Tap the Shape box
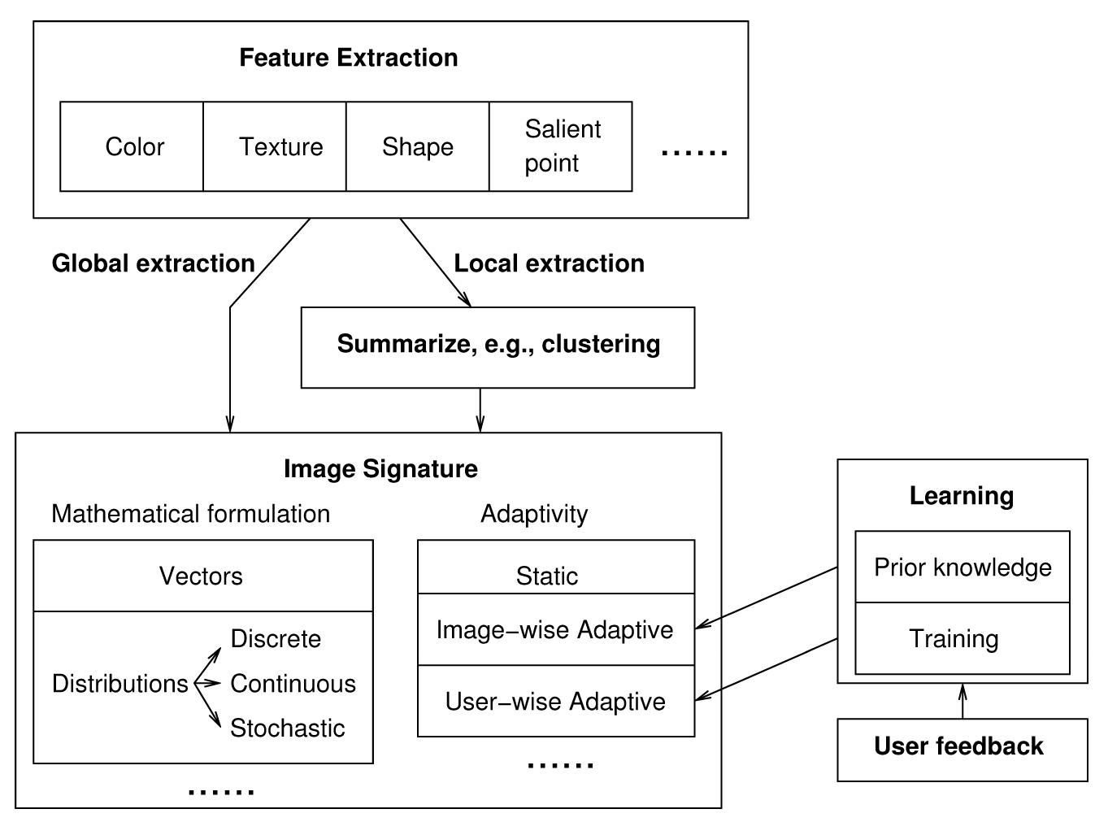pyautogui.click(x=418, y=147)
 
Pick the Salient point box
pyautogui.click(x=561, y=147)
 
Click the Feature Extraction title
pyautogui.click(x=348, y=58)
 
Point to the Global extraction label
pyautogui.click(x=153, y=263)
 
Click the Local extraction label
pyautogui.click(x=549, y=263)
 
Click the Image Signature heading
pyautogui.click(x=380, y=469)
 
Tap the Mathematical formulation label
pyautogui.click(x=190, y=514)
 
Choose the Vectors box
pyautogui.click(x=202, y=576)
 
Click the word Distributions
pyautogui.click(x=119, y=684)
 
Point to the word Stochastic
pyautogui.click(x=287, y=728)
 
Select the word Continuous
pyautogui.click(x=293, y=684)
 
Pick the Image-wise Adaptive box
pyautogui.click(x=555, y=630)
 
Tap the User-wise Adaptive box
pyautogui.click(x=555, y=702)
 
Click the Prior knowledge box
pyautogui.click(x=962, y=568)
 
